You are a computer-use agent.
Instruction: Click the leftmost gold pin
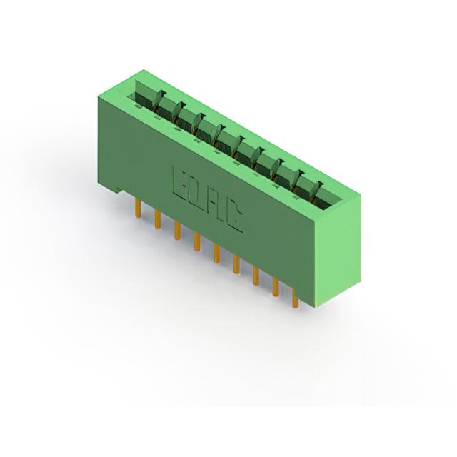tap(139, 208)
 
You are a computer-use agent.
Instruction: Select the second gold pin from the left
tap(158, 219)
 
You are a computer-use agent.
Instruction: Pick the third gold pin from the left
tap(177, 230)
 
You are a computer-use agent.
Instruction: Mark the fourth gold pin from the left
tap(197, 241)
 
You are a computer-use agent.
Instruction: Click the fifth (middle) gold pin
tap(216, 253)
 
